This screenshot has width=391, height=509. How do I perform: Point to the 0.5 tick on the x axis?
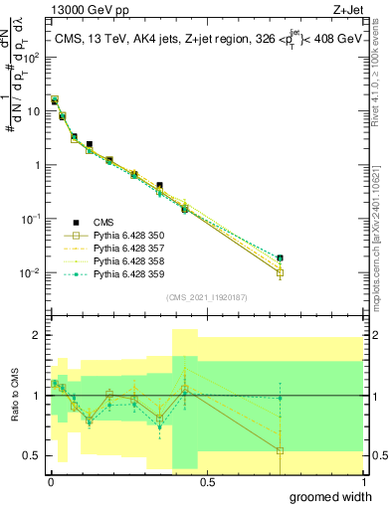pos(207,482)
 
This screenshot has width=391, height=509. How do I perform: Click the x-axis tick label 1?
pos(363,482)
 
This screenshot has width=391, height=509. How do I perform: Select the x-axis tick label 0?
pos(51,482)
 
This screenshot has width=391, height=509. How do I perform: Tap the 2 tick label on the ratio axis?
pos(37,335)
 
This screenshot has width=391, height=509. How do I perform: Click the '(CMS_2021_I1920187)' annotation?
pos(206,296)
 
